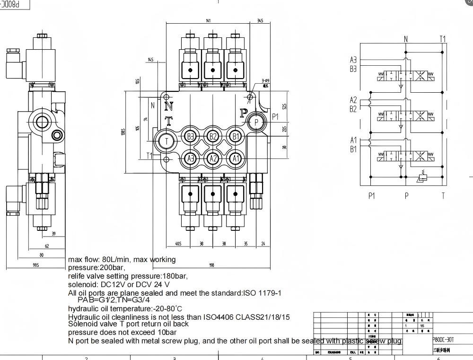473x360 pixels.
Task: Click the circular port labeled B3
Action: tap(190, 137)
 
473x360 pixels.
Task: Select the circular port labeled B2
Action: tap(213, 137)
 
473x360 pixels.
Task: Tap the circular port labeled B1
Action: tap(236, 137)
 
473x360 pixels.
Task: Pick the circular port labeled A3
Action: tap(190, 158)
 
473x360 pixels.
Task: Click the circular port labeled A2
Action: tap(213, 158)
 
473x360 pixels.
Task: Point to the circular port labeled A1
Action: tap(236, 158)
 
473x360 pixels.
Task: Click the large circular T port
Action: tap(166, 140)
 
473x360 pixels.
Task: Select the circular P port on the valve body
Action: tap(256, 122)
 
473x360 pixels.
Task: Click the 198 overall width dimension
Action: tap(211, 265)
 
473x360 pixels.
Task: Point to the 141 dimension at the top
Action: tap(209, 21)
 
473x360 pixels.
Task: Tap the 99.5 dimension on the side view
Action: tap(35, 265)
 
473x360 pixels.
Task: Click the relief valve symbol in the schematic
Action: tap(422, 178)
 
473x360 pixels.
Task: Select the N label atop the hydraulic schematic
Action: tap(406, 39)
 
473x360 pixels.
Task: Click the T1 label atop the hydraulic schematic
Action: tap(443, 39)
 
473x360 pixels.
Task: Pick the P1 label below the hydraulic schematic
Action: tap(371, 196)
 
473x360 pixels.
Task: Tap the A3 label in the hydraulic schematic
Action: tap(353, 60)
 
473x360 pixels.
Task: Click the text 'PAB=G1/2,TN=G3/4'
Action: tap(114, 299)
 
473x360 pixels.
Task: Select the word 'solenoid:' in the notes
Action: tap(83, 284)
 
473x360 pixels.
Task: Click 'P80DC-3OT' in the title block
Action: tap(444, 339)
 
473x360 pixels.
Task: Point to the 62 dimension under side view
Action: tap(47, 246)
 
